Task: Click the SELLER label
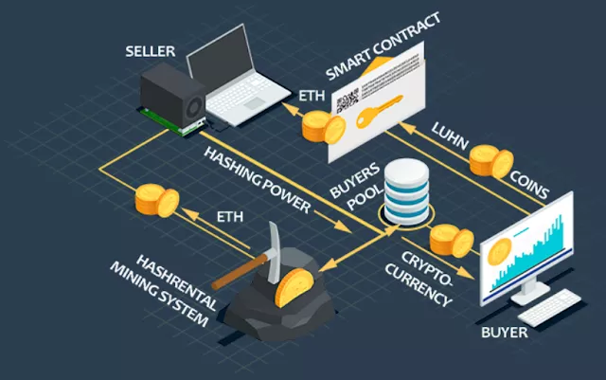(x=150, y=50)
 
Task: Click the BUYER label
(x=504, y=334)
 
